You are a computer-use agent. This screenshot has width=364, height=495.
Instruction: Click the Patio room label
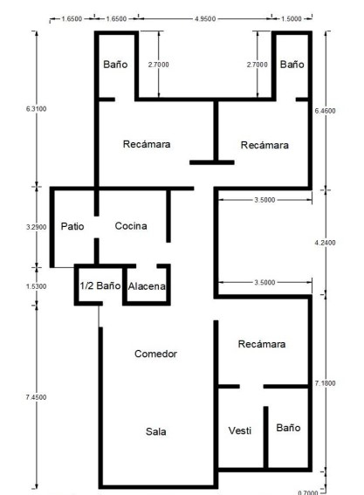(x=72, y=226)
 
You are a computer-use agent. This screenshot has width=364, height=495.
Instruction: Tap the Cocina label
(x=131, y=226)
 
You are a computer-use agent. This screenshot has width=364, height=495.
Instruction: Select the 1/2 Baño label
(x=100, y=285)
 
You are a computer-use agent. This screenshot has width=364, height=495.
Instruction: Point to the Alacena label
(x=147, y=286)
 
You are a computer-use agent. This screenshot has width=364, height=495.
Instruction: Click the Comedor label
(x=155, y=354)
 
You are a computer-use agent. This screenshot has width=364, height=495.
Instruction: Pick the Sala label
(x=156, y=431)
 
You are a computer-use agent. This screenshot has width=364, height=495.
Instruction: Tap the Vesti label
(x=240, y=430)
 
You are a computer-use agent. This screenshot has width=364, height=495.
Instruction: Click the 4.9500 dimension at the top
(x=205, y=18)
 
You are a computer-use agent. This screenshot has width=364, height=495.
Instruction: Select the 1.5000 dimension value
(x=292, y=18)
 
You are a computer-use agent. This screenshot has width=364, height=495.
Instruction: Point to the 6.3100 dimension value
(x=37, y=109)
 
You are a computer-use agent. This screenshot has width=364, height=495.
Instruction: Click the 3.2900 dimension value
(x=37, y=227)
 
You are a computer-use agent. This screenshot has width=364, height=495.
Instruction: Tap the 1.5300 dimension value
(x=37, y=286)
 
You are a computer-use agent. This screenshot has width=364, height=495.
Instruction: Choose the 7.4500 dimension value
(x=37, y=397)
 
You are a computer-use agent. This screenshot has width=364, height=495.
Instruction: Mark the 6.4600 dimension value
(x=326, y=111)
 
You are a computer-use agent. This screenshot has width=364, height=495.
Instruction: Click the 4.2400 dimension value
(x=326, y=243)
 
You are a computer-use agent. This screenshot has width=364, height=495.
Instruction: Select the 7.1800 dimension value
(x=326, y=383)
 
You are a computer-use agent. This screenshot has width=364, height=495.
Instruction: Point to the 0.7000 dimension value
(x=308, y=492)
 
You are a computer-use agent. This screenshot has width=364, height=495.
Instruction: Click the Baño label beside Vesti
(x=288, y=428)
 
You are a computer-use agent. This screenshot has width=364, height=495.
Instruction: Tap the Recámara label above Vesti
(x=262, y=344)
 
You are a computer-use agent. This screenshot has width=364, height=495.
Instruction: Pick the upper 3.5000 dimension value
(x=264, y=200)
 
